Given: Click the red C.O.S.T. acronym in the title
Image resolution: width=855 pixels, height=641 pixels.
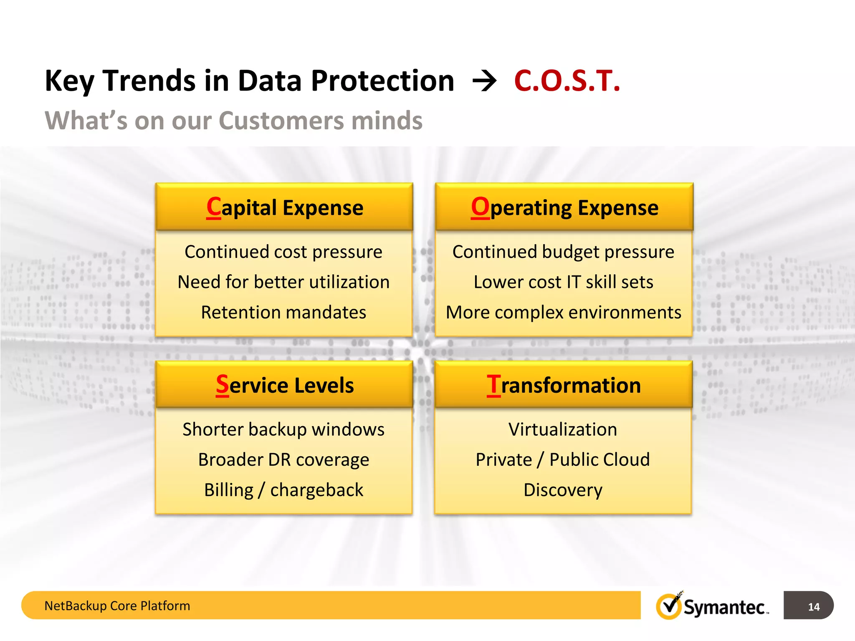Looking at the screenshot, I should [567, 81].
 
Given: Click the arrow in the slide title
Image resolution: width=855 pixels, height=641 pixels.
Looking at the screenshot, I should [484, 81].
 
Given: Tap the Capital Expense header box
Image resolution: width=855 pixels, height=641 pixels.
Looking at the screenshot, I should [284, 207].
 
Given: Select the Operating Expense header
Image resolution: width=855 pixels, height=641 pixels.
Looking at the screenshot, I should [564, 207].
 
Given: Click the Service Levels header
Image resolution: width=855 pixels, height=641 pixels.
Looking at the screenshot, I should [284, 385].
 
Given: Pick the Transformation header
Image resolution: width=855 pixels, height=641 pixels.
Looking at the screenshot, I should [563, 385].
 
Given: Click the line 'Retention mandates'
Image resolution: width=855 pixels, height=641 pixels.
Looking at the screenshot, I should [283, 312].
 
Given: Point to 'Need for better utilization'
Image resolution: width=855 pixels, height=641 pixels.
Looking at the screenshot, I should [283, 282].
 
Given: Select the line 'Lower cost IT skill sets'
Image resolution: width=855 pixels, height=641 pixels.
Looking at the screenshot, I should [563, 282].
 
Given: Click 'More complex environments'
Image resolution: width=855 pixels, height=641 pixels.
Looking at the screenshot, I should [563, 312].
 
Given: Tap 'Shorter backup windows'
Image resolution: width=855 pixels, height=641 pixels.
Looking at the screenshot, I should [283, 429].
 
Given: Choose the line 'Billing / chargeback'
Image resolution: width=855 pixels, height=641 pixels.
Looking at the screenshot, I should [283, 490].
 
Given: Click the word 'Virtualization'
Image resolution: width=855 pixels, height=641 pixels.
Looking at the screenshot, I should [562, 429].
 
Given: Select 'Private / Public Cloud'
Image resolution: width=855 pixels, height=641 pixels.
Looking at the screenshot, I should [562, 459].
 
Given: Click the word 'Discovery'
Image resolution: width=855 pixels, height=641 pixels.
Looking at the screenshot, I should [562, 490].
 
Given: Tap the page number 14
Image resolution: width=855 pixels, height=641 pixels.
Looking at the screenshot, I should [813, 606].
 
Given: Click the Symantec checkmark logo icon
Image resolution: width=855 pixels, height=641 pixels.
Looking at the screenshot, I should [669, 606].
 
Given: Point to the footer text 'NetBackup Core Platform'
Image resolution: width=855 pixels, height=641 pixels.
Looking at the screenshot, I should [117, 606].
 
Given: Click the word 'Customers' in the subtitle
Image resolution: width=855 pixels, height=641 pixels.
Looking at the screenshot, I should [281, 121].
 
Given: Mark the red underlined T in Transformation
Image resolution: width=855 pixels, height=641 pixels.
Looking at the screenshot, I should [493, 385].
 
